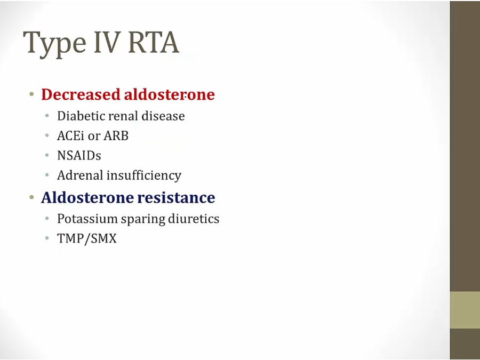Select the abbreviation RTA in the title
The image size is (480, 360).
(154, 42)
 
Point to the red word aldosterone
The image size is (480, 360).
(169, 94)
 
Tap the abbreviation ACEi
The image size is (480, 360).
(70, 135)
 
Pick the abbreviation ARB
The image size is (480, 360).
(116, 135)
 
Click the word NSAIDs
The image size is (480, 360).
(79, 156)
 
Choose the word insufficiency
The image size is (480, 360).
(144, 175)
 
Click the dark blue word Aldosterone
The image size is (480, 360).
(87, 197)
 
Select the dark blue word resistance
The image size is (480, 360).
(176, 197)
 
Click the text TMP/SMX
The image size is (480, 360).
(87, 238)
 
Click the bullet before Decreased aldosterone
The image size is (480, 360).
(31, 94)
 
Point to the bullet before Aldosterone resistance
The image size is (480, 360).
(31, 197)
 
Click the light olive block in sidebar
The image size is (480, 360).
(465, 310)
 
